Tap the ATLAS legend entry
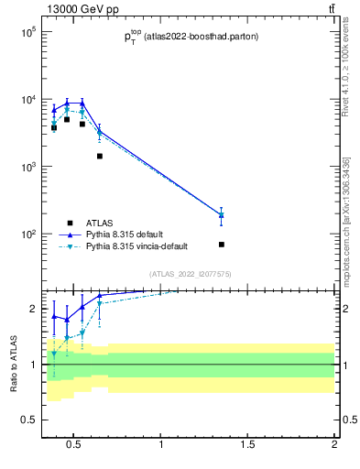pyautogui.click(x=101, y=223)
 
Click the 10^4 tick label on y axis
pyautogui.click(x=27, y=100)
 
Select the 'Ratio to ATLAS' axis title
pyautogui.click(x=14, y=365)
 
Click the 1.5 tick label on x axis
pyautogui.click(x=247, y=446)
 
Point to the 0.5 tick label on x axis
pyautogui.click(x=75, y=446)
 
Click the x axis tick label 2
pyautogui.click(x=334, y=446)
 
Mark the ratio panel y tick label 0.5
pyautogui.click(x=27, y=420)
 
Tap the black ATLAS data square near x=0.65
pyautogui.click(x=100, y=157)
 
